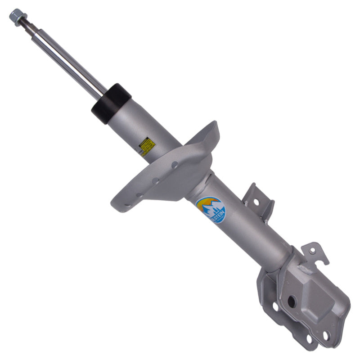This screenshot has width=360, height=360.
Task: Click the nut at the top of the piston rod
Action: click(16, 16)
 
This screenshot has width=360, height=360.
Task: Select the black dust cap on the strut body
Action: click(111, 103)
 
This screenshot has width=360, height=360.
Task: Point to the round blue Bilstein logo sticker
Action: click(210, 209)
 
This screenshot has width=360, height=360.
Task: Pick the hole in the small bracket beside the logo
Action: click(256, 202)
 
